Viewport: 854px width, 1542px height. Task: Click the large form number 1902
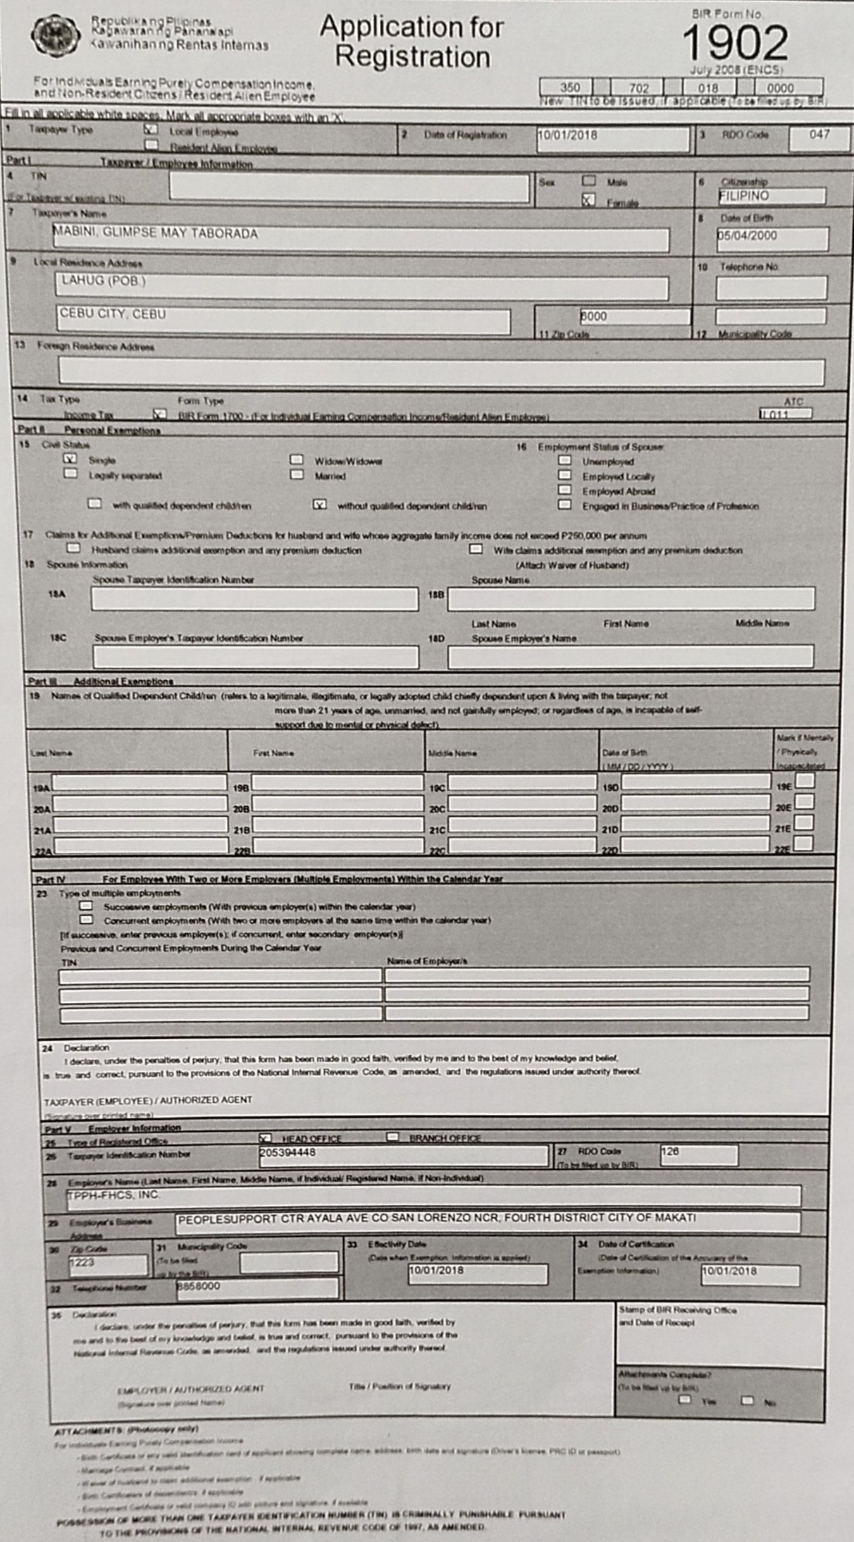tap(735, 43)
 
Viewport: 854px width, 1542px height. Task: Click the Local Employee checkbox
tap(151, 130)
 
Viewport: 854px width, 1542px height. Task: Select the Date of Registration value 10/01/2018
tap(567, 135)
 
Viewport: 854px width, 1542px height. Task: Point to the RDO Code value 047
tap(819, 134)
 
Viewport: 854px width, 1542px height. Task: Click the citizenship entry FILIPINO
tap(744, 196)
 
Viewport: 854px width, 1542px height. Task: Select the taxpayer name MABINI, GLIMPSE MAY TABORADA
tap(156, 233)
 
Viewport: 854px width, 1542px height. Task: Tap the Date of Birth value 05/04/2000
tap(748, 235)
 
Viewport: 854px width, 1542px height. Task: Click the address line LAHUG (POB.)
tap(104, 280)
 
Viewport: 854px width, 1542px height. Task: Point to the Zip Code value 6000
tap(593, 316)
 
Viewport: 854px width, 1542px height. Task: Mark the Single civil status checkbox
tap(70, 459)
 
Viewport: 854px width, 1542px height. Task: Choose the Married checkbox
tap(297, 475)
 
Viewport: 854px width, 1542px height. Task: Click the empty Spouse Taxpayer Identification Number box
tap(254, 598)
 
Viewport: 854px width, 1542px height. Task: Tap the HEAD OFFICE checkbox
tap(265, 1137)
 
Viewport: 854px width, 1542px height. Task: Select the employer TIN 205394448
tap(287, 1153)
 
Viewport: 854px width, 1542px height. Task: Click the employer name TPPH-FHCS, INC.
tap(113, 1195)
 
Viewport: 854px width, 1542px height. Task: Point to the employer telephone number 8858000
tap(199, 1286)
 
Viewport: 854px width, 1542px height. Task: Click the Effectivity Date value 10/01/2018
tap(436, 1270)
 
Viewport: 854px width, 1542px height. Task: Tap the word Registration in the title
tap(412, 56)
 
